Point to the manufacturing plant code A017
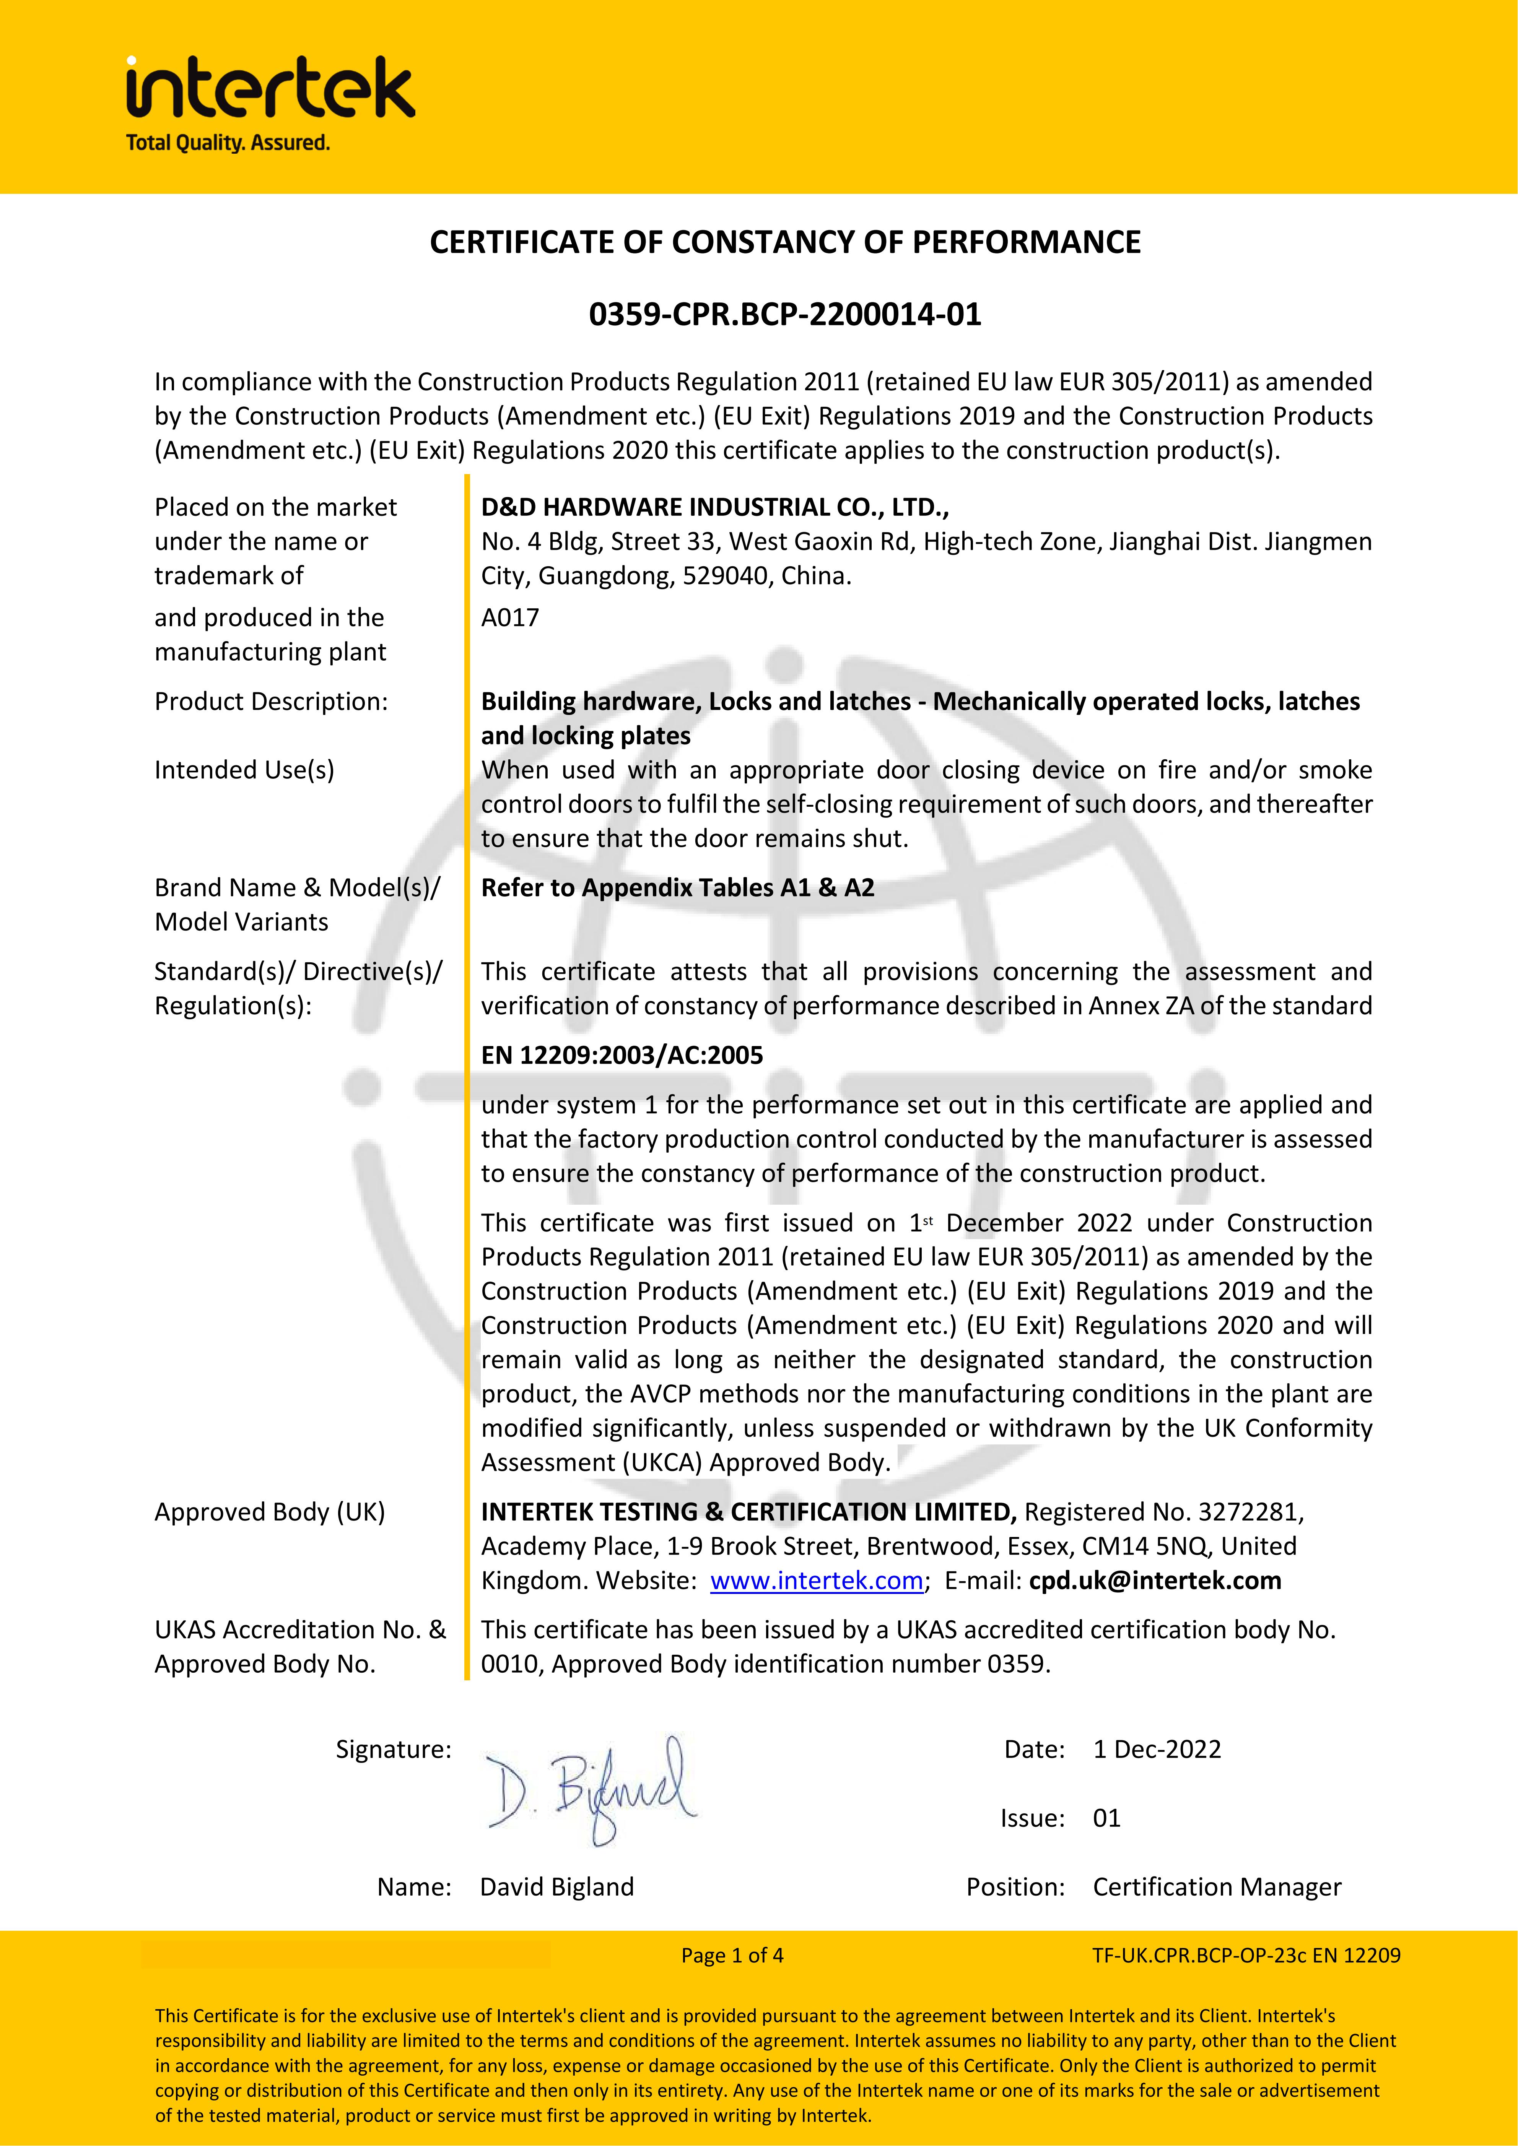click(510, 618)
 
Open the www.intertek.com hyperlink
click(817, 1581)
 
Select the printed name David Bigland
click(557, 1887)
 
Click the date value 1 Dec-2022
click(1157, 1750)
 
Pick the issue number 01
click(1107, 1818)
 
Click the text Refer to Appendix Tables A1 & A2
click(678, 888)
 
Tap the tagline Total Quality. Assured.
click(228, 143)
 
